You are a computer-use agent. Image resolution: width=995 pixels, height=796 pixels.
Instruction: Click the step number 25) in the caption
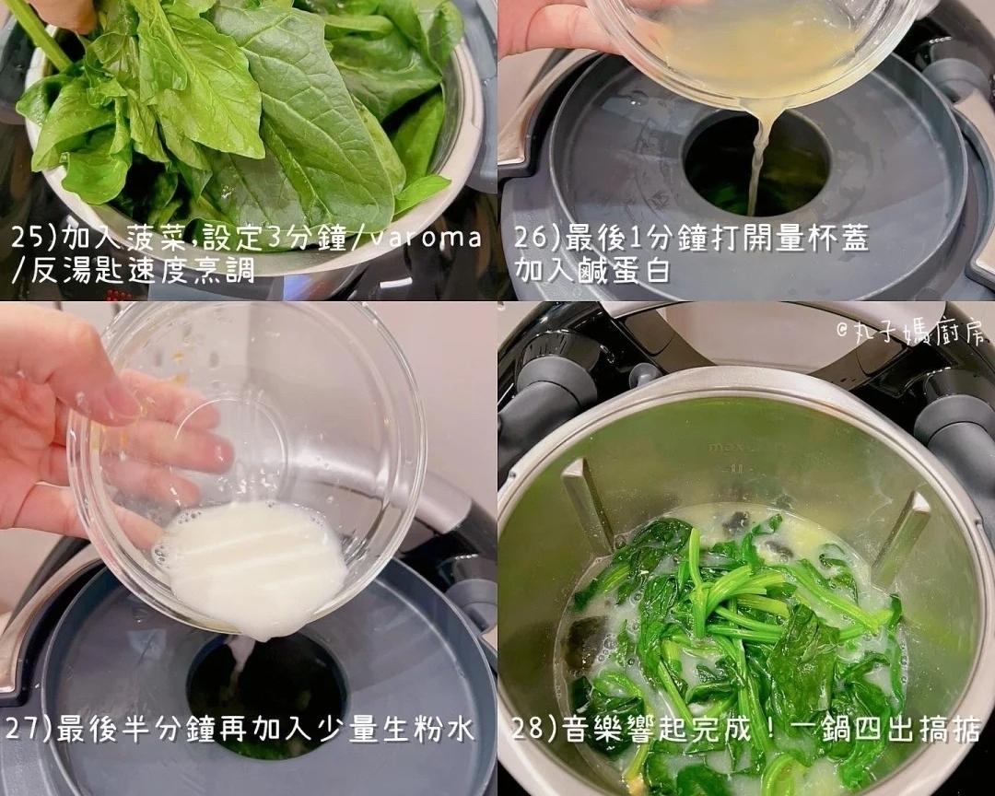(x=33, y=239)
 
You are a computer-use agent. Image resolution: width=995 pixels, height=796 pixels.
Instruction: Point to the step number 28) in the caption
(x=533, y=730)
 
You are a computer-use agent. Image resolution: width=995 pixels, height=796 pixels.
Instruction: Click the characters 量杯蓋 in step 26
(x=811, y=239)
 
